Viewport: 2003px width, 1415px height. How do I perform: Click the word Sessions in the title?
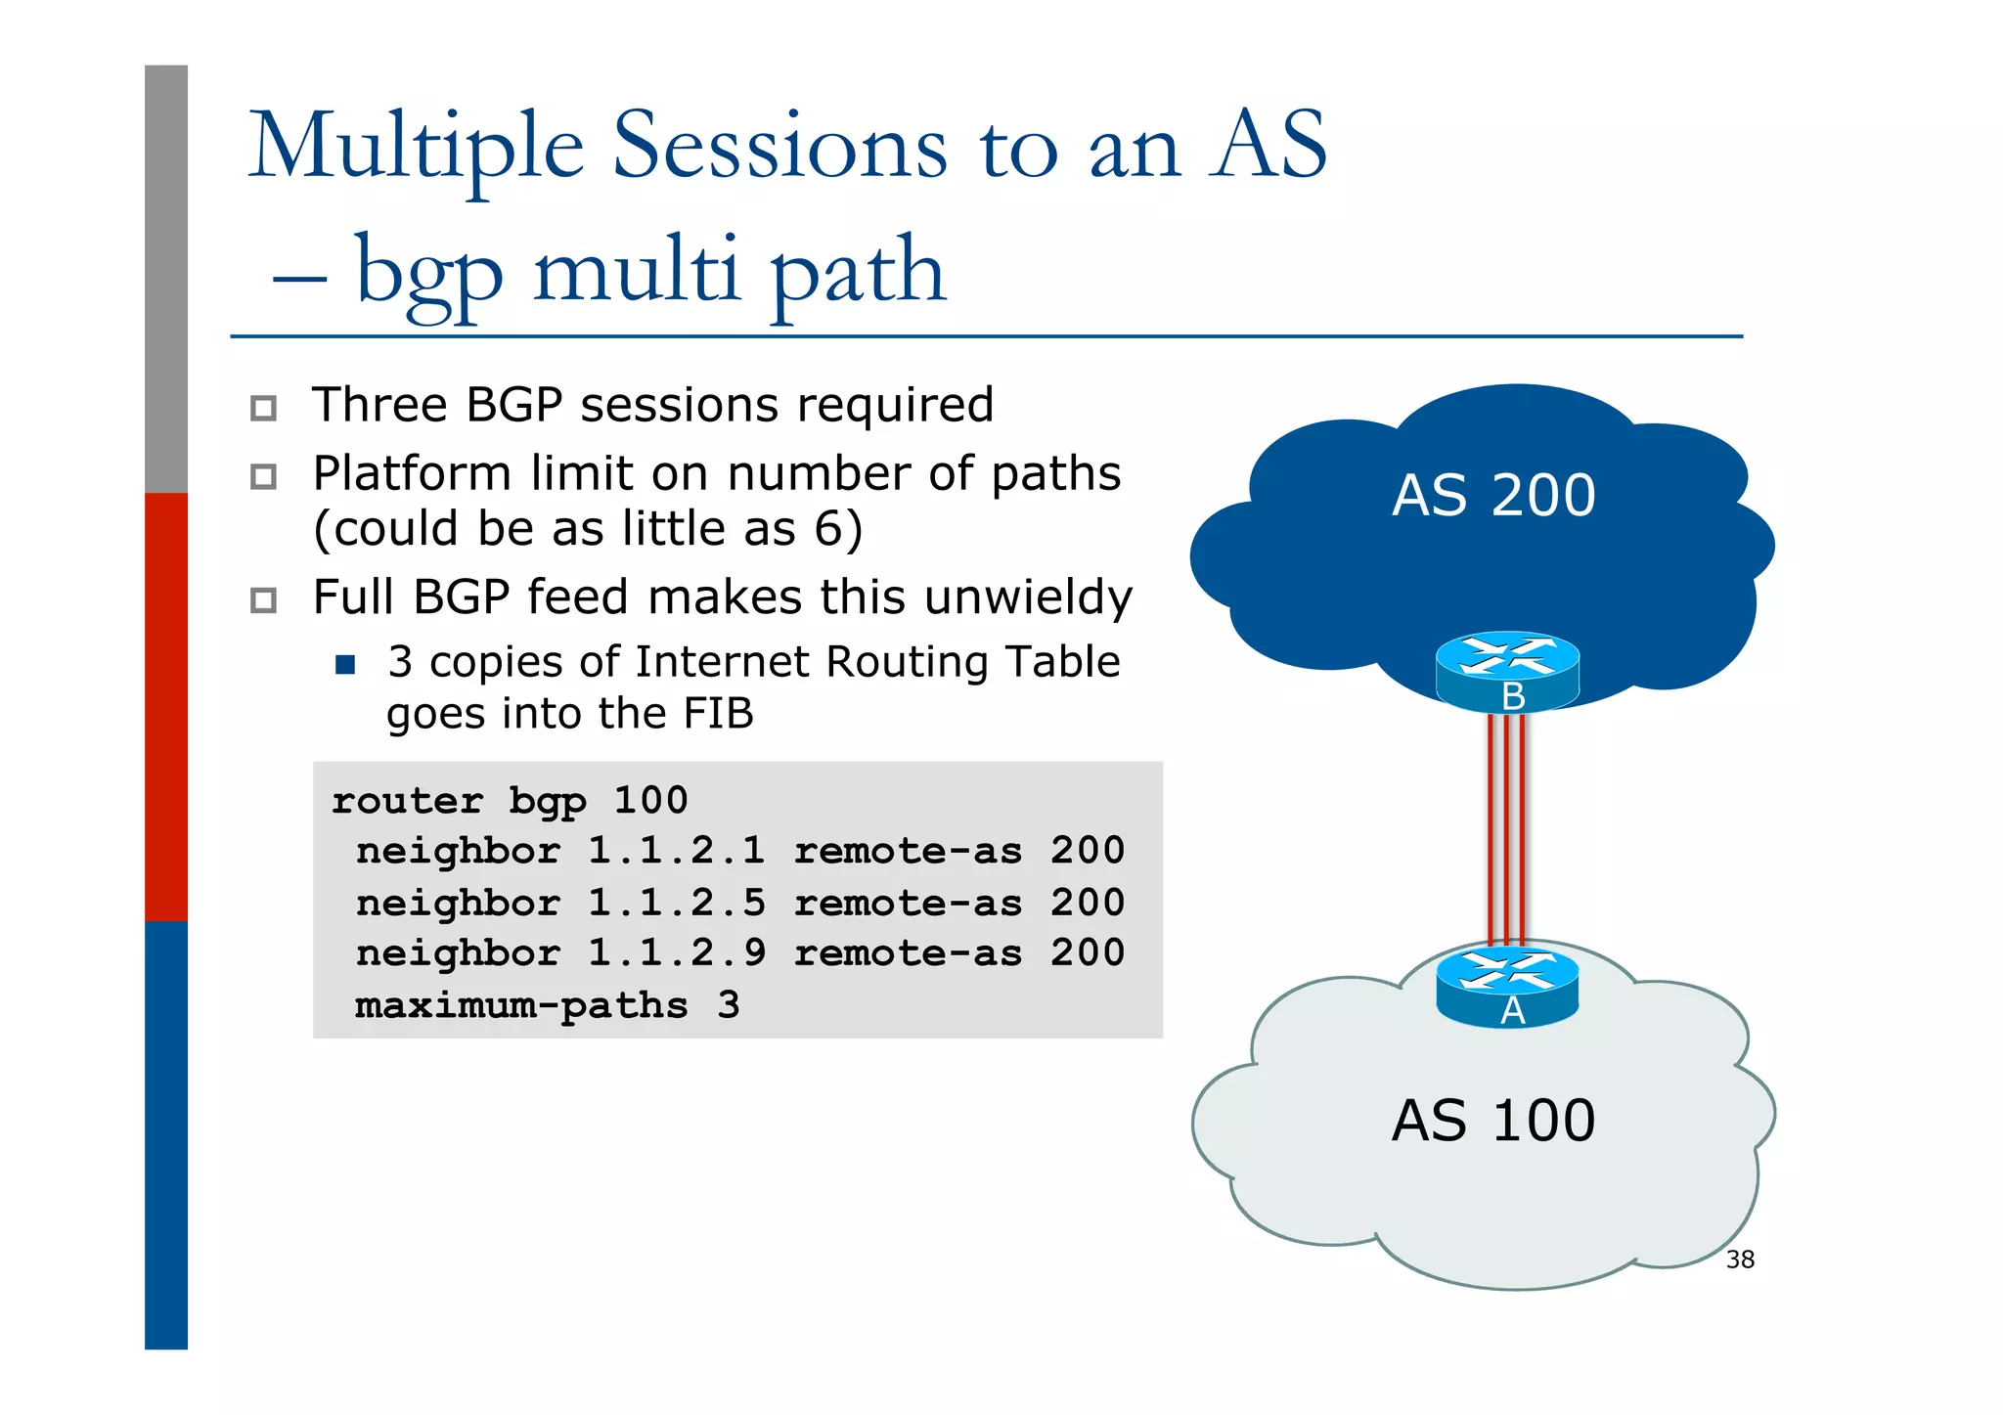click(779, 147)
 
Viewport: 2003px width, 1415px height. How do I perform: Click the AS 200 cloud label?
click(1492, 496)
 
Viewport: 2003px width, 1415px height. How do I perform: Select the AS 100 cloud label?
click(1492, 1121)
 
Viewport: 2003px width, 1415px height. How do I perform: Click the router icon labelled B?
click(1507, 671)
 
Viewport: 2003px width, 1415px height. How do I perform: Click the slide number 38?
click(1740, 1260)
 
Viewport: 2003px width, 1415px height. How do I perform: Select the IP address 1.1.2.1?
click(676, 851)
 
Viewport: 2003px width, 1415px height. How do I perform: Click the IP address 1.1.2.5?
click(676, 903)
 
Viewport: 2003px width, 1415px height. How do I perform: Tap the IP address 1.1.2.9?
click(676, 953)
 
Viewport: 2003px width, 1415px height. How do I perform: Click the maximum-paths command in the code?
click(521, 1005)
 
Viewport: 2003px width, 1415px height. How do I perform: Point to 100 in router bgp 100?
click(650, 801)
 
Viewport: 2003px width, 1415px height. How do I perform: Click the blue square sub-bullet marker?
click(344, 665)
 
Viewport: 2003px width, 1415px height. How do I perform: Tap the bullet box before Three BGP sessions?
click(263, 408)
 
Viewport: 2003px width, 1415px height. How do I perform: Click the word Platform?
click(412, 474)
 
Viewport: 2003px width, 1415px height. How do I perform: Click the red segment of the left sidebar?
click(166, 706)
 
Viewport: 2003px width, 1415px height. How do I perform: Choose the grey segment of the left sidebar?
click(166, 279)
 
